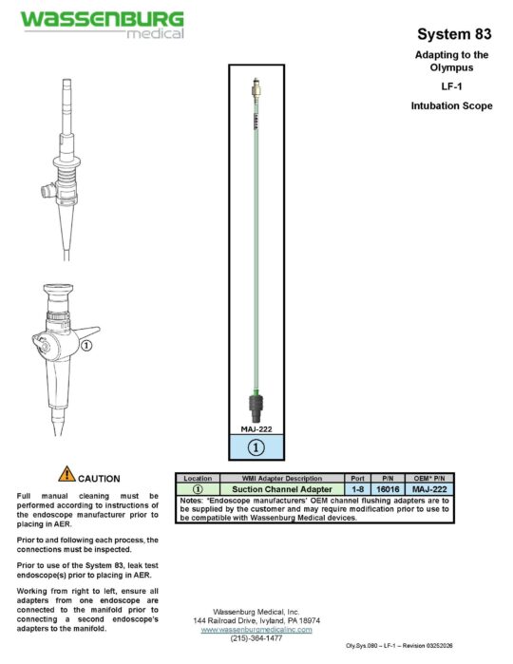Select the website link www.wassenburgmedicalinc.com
[256, 629]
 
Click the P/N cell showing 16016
[388, 488]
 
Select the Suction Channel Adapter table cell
[282, 488]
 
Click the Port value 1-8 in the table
[357, 488]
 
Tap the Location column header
[198, 477]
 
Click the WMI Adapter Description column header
[282, 477]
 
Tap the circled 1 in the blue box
[255, 445]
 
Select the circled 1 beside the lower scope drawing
[86, 347]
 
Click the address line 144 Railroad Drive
[256, 619]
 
